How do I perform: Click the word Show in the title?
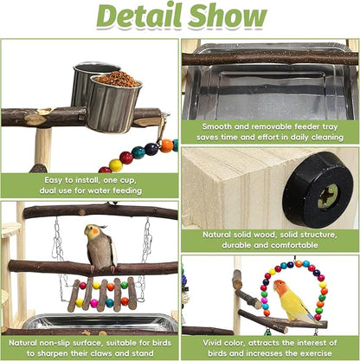point(228,15)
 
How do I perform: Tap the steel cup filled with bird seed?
point(115,101)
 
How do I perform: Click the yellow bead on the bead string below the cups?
point(116,165)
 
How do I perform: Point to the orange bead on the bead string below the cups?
point(167,145)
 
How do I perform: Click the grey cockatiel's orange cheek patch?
point(95,231)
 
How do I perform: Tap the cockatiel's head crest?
point(101,227)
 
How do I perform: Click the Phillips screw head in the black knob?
point(328,197)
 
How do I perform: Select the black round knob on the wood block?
point(318,190)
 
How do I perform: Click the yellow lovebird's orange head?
point(280,287)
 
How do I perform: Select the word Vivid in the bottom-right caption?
point(214,343)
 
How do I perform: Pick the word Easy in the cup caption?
point(54,180)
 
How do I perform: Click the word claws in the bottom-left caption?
point(103,353)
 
